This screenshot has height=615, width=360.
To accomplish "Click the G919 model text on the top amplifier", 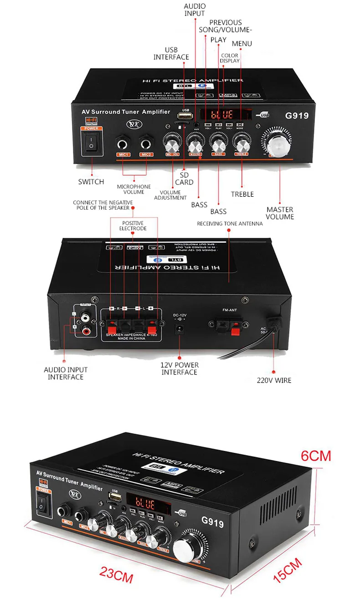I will (297, 116).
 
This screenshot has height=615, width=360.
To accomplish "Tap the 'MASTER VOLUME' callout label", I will (280, 213).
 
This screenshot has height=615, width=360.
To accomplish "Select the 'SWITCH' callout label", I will (91, 182).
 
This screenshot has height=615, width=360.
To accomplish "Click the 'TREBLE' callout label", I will (242, 194).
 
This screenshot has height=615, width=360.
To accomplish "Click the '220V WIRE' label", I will (273, 380).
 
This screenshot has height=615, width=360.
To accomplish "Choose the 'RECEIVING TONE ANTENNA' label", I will (230, 224).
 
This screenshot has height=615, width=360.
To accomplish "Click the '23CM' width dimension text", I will (117, 575).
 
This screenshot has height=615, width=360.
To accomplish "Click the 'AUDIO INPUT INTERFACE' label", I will (66, 373).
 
